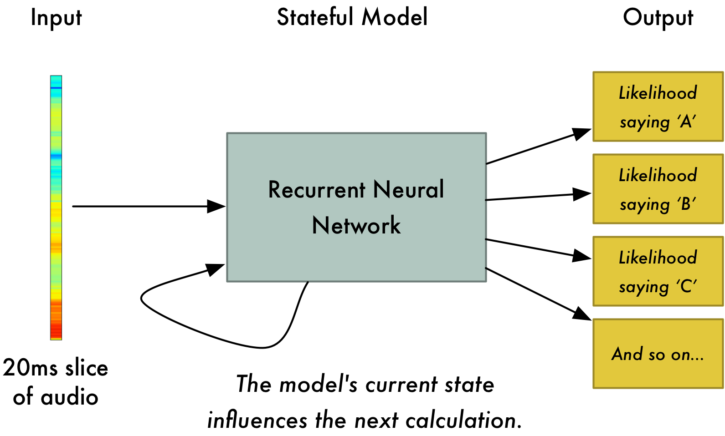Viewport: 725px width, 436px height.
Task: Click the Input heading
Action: pos(56,18)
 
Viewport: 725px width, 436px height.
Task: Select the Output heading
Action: pos(658,18)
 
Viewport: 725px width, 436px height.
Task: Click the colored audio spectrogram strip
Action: pos(56,208)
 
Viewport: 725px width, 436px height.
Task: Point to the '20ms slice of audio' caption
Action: pos(56,382)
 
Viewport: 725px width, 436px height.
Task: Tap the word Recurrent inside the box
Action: pos(317,190)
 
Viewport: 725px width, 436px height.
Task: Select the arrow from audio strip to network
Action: pos(146,206)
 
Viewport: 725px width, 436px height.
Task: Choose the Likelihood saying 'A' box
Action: pos(658,106)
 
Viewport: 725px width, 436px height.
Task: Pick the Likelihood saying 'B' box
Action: pos(658,189)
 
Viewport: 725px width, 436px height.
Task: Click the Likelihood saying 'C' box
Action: pos(658,271)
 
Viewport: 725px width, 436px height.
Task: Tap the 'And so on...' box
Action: pos(658,354)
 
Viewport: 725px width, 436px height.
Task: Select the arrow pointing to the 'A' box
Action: pos(538,147)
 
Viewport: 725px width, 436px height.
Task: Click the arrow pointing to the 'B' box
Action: pos(538,197)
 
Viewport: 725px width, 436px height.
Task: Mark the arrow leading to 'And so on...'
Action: pos(538,294)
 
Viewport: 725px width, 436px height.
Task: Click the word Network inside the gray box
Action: pos(356,225)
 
